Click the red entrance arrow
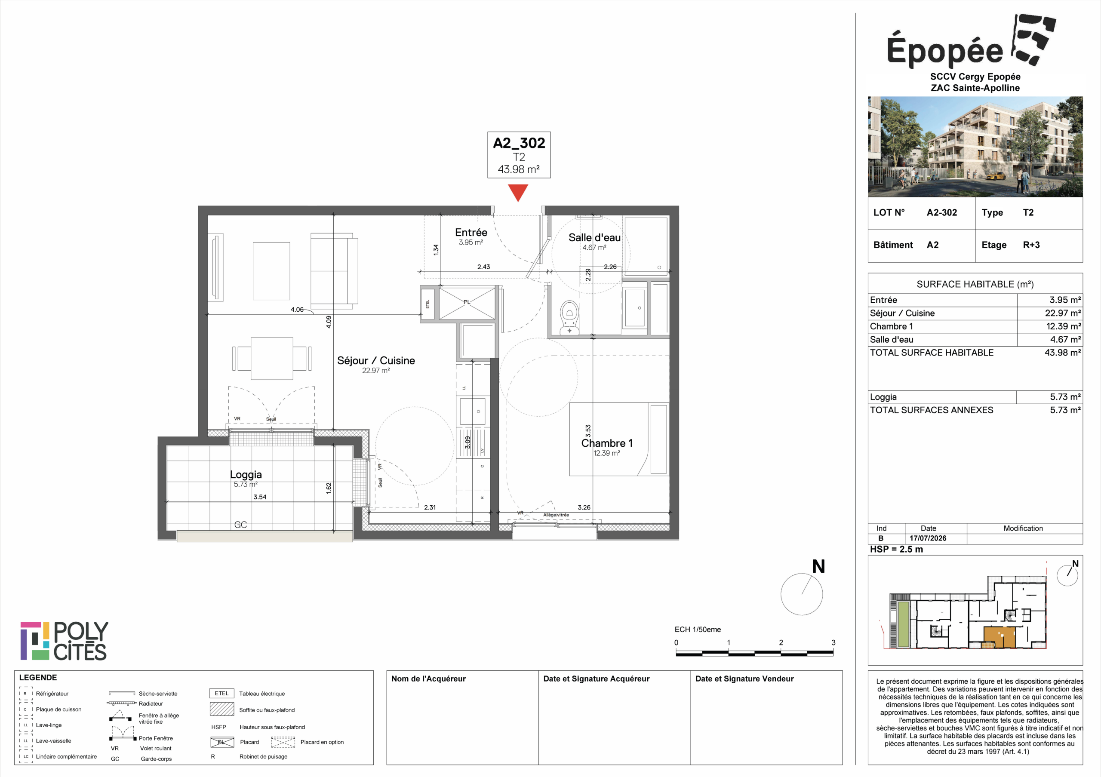pos(518,193)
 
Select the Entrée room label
pos(471,233)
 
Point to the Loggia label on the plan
pos(246,475)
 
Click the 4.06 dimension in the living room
pos(297,310)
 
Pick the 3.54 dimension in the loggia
pos(260,497)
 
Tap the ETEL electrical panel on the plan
pos(428,304)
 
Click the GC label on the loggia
pos(241,525)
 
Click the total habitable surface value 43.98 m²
pos(1063,352)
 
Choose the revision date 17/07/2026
pos(928,538)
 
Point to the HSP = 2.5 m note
pos(896,549)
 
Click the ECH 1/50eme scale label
pos(698,630)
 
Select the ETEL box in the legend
pos(221,693)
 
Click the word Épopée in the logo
pos(945,49)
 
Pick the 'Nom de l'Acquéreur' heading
pos(428,679)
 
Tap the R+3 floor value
pos(1031,245)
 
